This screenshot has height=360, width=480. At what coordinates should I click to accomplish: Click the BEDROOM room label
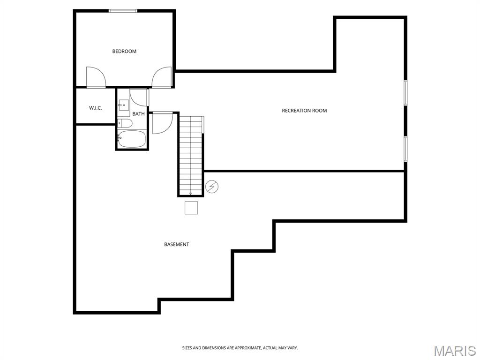124,51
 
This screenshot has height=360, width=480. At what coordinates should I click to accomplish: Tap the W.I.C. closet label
96,108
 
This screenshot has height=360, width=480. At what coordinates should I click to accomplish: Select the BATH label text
138,114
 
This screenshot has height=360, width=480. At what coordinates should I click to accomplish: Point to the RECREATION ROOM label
304,111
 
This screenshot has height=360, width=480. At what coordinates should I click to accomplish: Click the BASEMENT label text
177,244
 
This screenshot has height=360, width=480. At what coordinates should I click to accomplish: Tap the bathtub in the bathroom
132,139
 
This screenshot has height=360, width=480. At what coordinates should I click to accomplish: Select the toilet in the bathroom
125,123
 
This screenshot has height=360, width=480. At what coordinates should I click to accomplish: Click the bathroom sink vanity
123,105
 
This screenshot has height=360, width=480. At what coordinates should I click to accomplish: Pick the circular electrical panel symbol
212,187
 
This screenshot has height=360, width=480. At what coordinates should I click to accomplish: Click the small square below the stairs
191,208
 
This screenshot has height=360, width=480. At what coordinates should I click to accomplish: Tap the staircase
191,156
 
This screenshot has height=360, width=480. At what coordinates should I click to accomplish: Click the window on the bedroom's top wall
123,11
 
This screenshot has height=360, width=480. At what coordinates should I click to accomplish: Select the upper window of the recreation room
405,93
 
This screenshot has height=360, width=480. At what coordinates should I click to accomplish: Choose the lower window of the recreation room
405,149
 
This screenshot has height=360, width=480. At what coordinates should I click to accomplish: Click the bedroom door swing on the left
96,77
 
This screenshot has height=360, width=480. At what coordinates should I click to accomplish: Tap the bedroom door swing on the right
162,77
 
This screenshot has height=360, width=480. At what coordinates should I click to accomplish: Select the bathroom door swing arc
138,97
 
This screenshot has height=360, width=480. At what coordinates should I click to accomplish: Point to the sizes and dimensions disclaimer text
240,348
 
